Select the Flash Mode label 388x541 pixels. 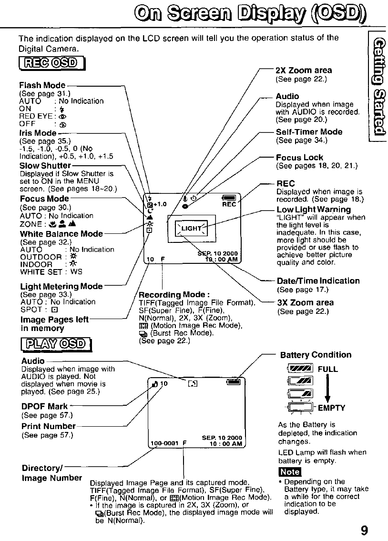pyautogui.click(x=42, y=86)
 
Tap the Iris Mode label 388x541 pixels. pyautogui.click(x=37, y=133)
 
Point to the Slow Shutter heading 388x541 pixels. pyautogui.click(x=45, y=166)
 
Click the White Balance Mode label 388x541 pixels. pyautogui.click(x=61, y=234)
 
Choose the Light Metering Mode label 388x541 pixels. pyautogui.click(x=61, y=286)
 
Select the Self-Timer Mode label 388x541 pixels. pyautogui.click(x=309, y=132)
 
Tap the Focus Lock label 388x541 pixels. pyautogui.click(x=299, y=158)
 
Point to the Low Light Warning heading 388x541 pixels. pyautogui.click(x=314, y=210)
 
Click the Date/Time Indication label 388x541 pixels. pyautogui.click(x=318, y=281)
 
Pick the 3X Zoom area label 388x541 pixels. pyautogui.click(x=305, y=302)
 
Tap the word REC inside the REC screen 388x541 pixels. pyautogui.click(x=229, y=205)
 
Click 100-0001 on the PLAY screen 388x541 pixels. pyautogui.click(x=164, y=443)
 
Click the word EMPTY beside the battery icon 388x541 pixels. pyautogui.click(x=331, y=408)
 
